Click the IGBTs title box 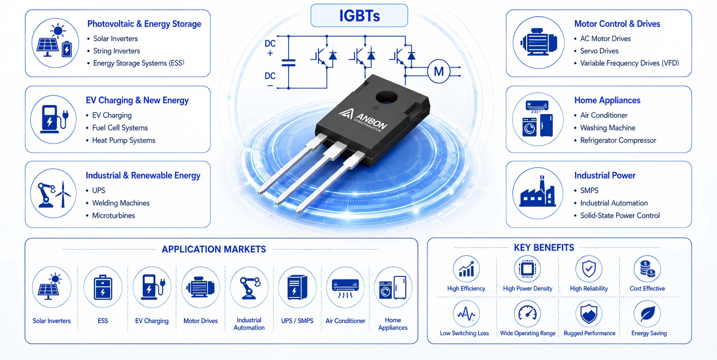[359, 15]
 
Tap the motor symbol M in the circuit [439, 72]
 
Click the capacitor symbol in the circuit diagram [289, 63]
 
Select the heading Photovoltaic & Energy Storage [144, 24]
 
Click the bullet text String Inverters [117, 51]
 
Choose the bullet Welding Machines [121, 203]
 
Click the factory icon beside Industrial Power [538, 193]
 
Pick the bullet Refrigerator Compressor [618, 141]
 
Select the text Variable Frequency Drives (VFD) [629, 63]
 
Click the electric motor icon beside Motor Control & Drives [538, 42]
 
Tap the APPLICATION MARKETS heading [214, 249]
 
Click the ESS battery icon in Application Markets [103, 287]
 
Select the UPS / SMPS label [297, 321]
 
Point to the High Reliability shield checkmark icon [589, 269]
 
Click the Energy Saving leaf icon [647, 314]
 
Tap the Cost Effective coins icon [647, 269]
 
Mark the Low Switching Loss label [464, 333]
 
